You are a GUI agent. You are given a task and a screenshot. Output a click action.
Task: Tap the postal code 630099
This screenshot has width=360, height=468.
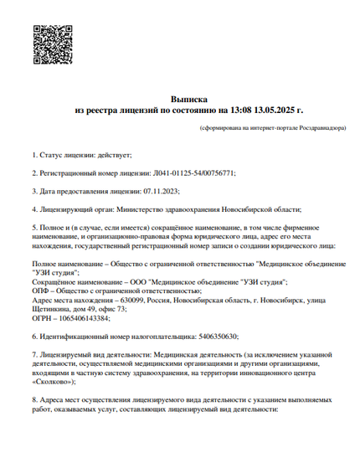(132, 300)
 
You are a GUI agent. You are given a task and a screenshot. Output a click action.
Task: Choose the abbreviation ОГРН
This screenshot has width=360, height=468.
(43, 318)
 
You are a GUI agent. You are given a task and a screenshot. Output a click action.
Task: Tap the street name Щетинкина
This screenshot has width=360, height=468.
(55, 309)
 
